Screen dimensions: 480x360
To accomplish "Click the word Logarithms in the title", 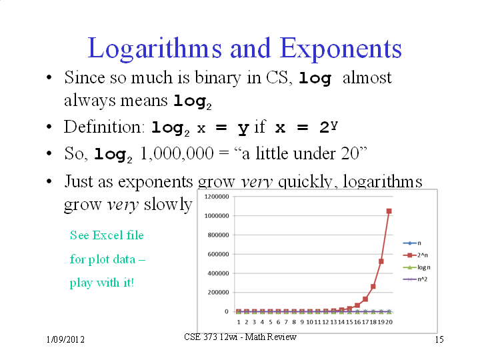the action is tap(155, 49).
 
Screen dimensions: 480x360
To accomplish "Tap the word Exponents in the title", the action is tap(341, 49).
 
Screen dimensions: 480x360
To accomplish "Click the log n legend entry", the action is tap(417, 267).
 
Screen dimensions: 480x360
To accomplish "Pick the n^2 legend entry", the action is tap(415, 279).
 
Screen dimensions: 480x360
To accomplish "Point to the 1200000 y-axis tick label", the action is tap(217, 197).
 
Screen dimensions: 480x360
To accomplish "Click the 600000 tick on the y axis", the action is tap(218, 254).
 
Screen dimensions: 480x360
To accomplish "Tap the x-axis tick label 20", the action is tap(389, 322).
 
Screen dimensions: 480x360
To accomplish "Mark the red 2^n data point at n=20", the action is tap(389, 211).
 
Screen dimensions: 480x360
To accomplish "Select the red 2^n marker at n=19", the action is tap(381, 261).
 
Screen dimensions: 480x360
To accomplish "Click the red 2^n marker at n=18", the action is tap(373, 287).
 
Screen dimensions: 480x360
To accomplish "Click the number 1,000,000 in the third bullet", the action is tap(177, 153).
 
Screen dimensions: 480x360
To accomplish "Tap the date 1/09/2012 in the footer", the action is tap(65, 339).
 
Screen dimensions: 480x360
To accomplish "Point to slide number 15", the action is tap(439, 339).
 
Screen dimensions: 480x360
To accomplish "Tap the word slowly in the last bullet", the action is tap(168, 205).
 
